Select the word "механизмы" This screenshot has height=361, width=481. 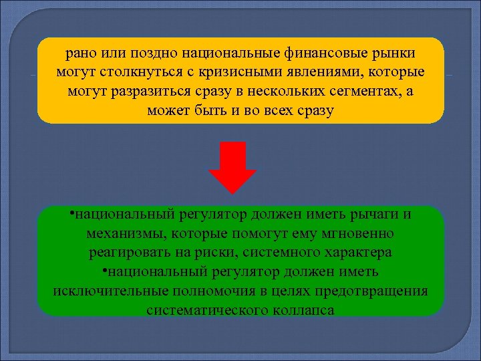(126, 234)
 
